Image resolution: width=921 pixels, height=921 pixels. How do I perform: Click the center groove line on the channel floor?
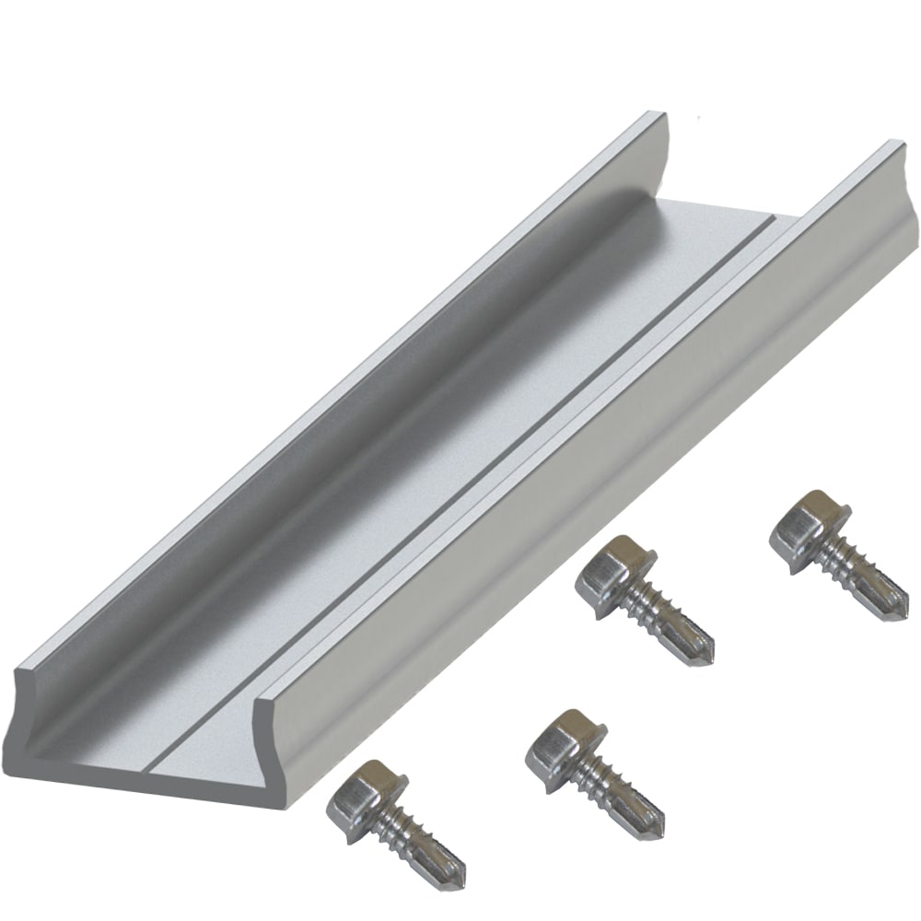tap(460, 488)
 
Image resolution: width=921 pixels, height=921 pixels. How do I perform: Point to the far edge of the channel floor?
tap(728, 208)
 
